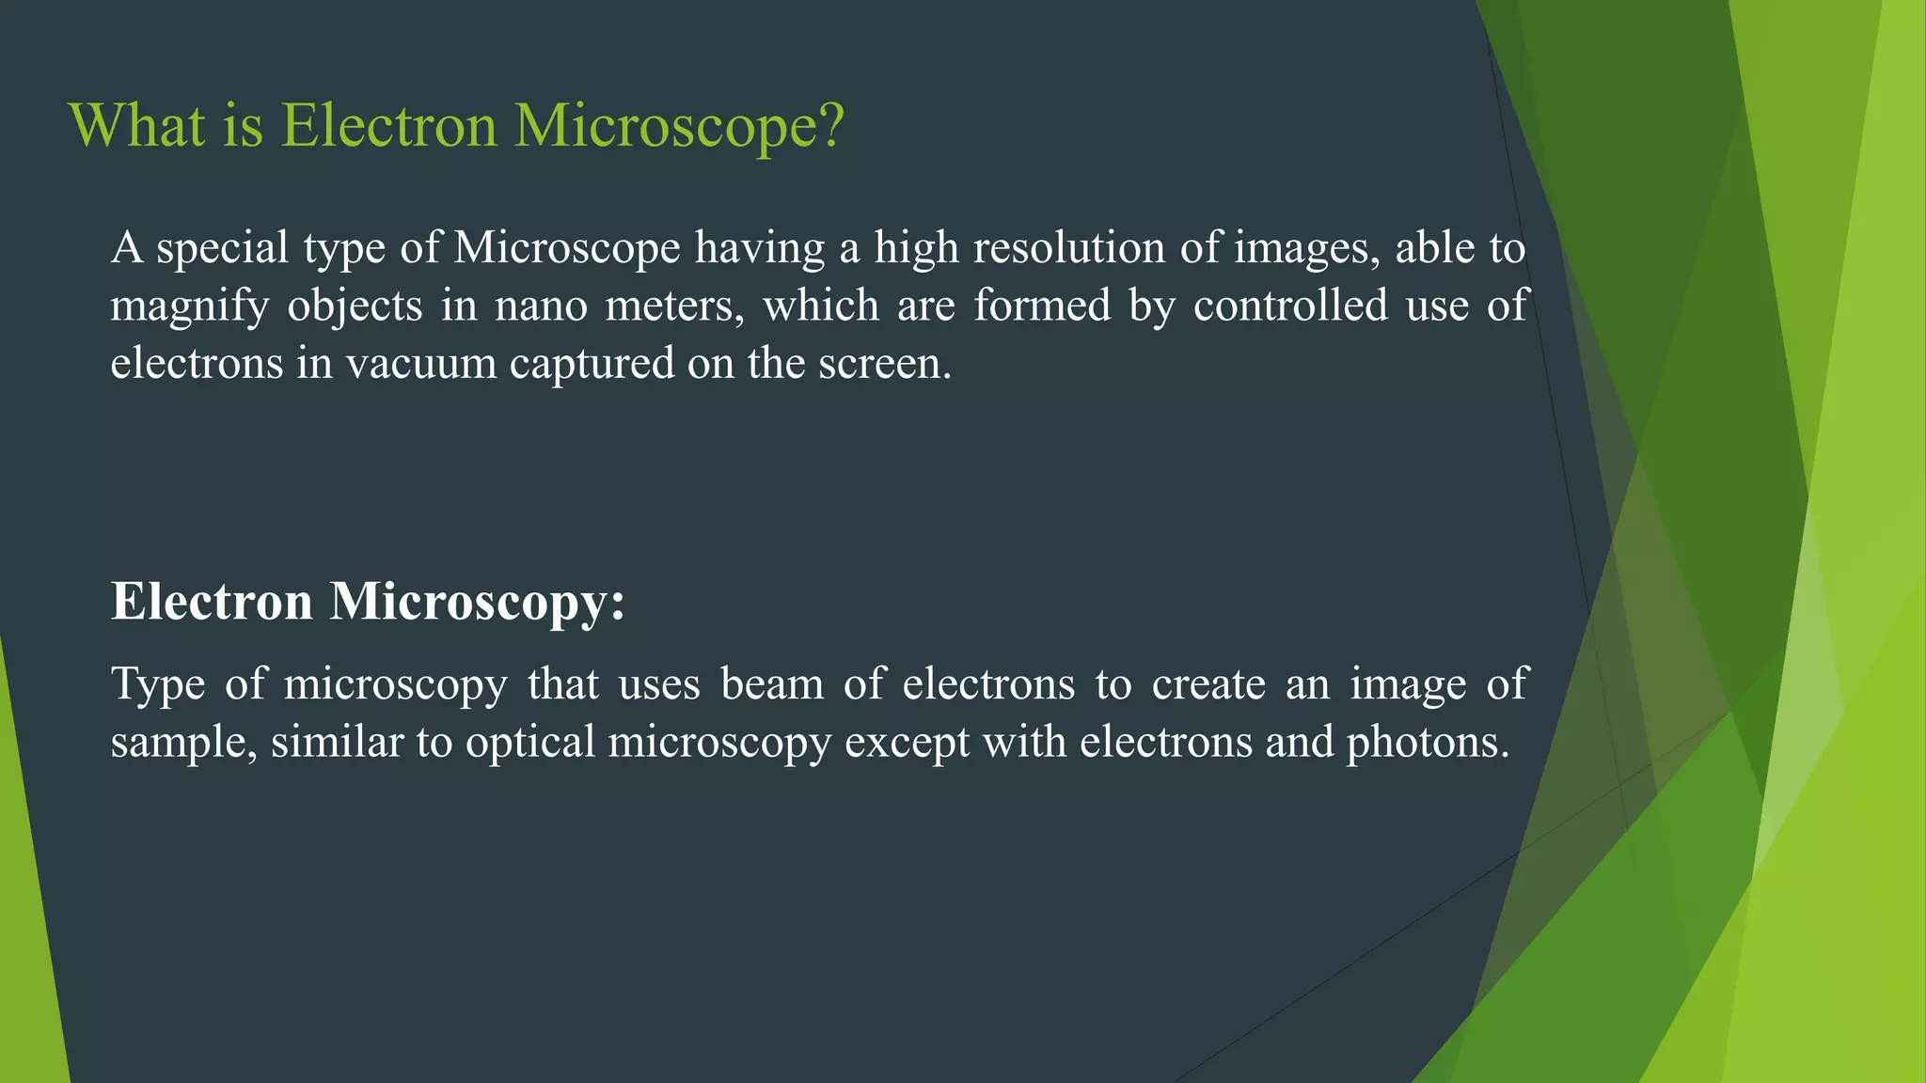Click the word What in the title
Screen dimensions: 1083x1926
point(137,125)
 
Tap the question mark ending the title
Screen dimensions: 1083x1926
point(831,125)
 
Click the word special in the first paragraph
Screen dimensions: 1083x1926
point(222,249)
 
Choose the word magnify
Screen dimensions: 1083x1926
point(189,307)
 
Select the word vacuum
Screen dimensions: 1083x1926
point(421,364)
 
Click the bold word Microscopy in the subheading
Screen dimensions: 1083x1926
point(477,602)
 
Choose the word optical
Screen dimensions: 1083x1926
point(530,743)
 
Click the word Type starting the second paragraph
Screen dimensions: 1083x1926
point(158,684)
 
